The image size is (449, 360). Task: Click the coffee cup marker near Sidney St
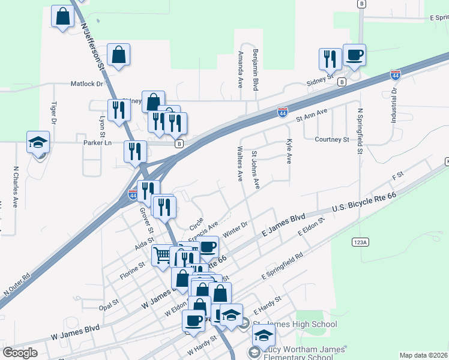[x=354, y=55]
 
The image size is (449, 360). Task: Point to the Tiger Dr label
[x=53, y=113]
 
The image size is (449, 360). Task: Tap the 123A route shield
[x=360, y=241]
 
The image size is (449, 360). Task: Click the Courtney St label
[x=332, y=139]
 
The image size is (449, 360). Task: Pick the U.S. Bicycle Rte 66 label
[x=364, y=203]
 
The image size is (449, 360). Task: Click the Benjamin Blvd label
[x=256, y=70]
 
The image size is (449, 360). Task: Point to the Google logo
[x=20, y=353]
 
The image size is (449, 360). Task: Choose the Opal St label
[x=109, y=305]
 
